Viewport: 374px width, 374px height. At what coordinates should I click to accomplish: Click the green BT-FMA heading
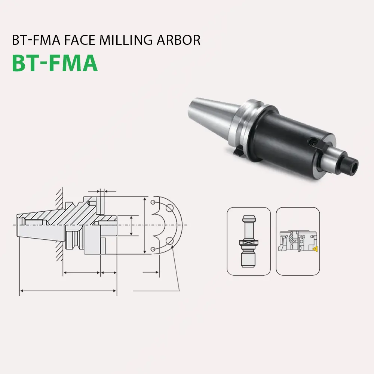(55, 62)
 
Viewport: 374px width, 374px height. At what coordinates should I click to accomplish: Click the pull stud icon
(249, 241)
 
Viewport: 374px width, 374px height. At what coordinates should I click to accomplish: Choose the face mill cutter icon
(298, 241)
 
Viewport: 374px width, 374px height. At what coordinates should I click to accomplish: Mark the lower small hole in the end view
(153, 249)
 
